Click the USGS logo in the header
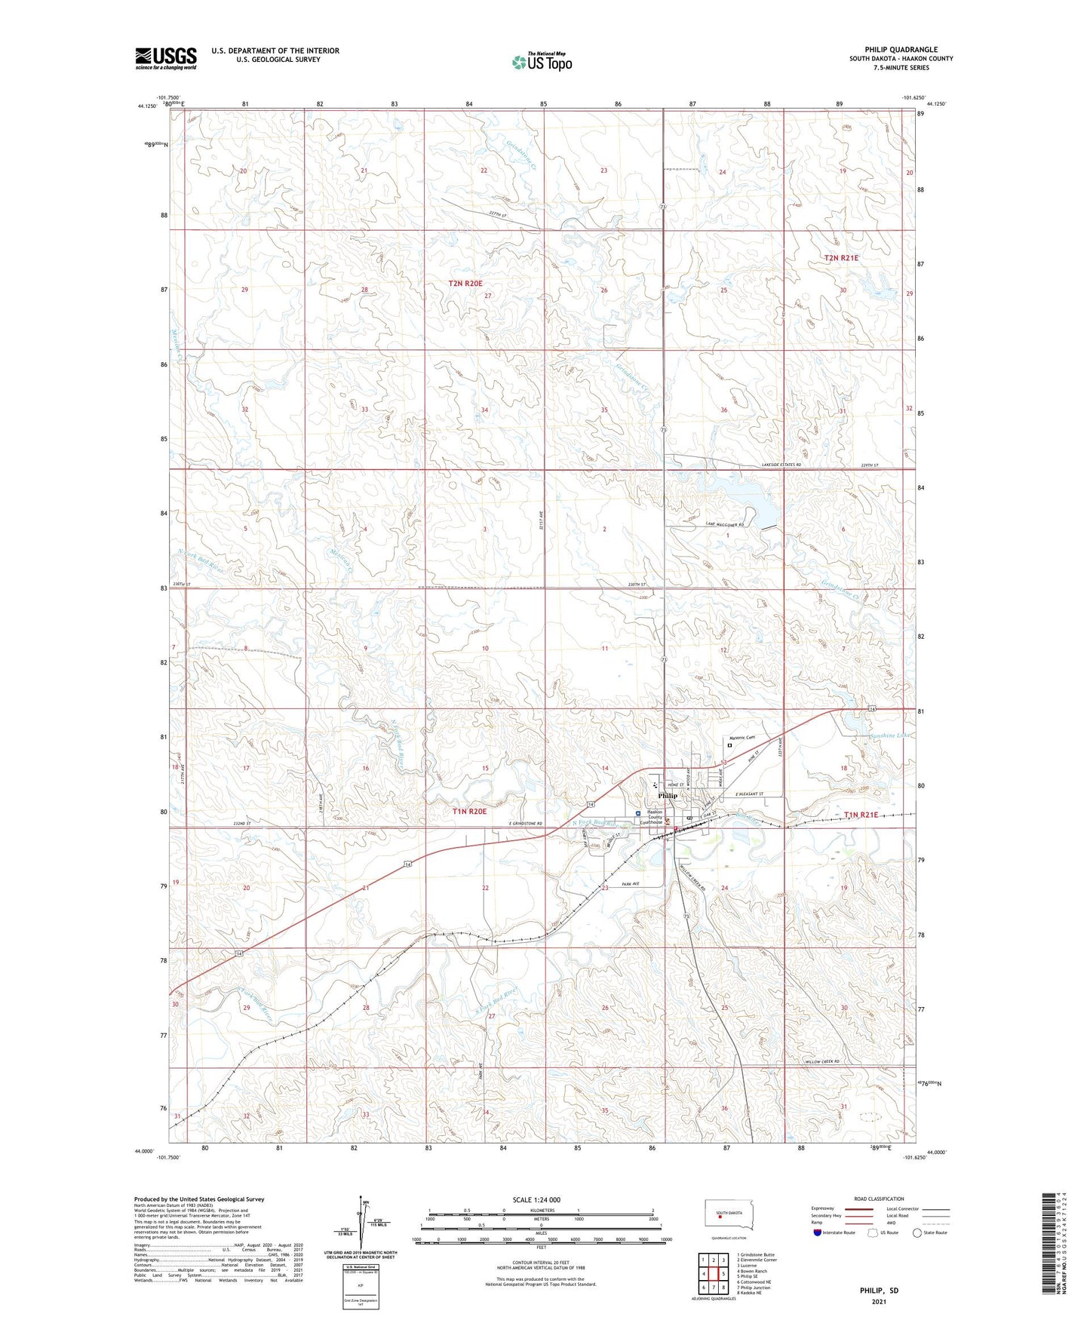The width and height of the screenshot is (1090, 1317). tap(166, 57)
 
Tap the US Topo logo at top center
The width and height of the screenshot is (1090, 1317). tap(542, 61)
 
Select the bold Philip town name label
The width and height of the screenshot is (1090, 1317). tap(668, 796)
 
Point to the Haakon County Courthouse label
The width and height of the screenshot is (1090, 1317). tap(652, 818)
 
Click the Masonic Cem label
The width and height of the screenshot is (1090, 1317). tap(742, 738)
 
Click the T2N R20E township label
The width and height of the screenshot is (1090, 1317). tap(465, 283)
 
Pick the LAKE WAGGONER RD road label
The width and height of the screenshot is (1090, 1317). tap(725, 524)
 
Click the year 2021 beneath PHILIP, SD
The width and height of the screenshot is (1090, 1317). tap(879, 1301)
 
